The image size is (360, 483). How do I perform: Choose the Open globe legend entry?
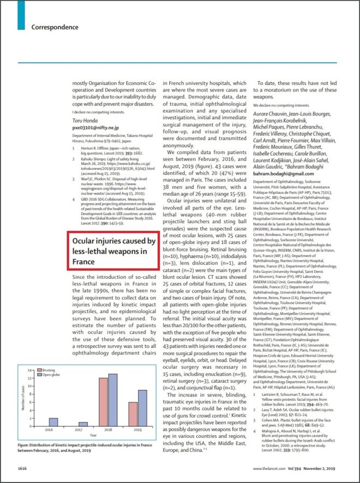point(51,390)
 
